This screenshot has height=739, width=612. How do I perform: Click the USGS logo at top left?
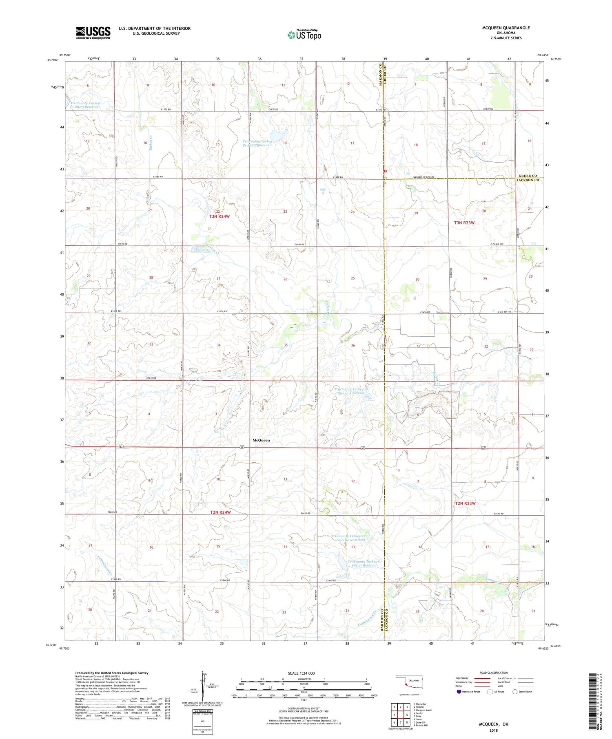(x=93, y=33)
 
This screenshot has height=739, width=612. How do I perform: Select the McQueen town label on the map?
(x=261, y=440)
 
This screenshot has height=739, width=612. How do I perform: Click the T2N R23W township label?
(x=465, y=503)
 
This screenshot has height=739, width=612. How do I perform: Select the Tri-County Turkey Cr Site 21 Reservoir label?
(x=365, y=563)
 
